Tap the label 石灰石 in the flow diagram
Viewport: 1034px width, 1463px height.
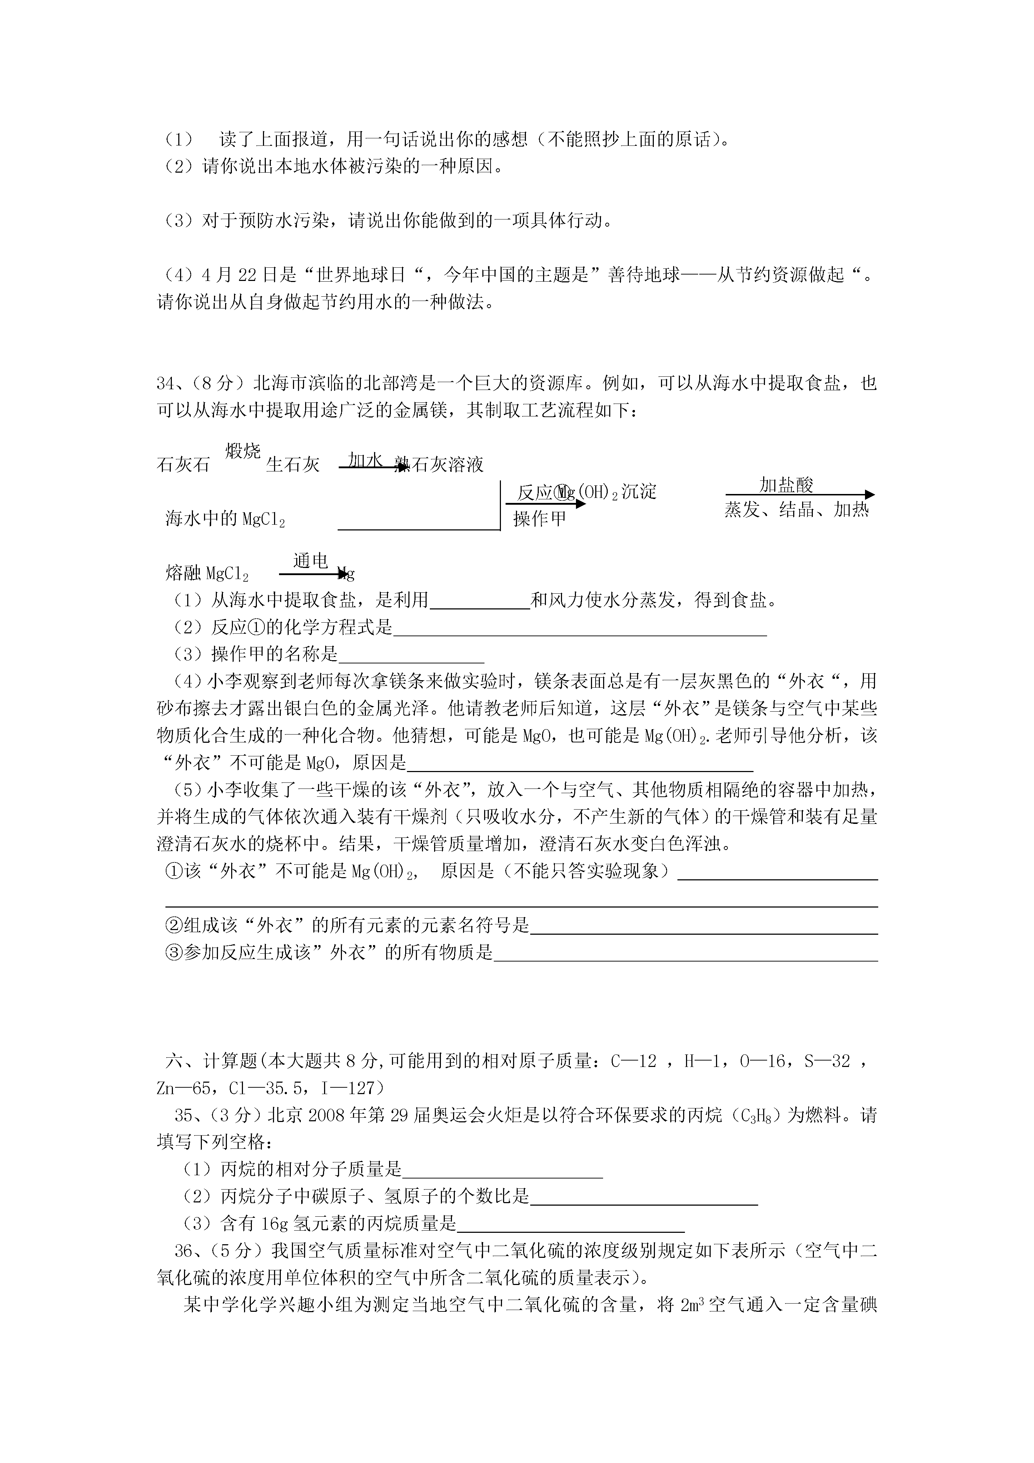[183, 465]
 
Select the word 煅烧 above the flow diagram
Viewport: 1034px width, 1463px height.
[243, 451]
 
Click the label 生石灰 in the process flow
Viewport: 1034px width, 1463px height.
[292, 465]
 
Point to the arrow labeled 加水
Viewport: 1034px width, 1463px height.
[373, 468]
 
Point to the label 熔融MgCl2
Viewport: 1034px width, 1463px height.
[207, 573]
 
